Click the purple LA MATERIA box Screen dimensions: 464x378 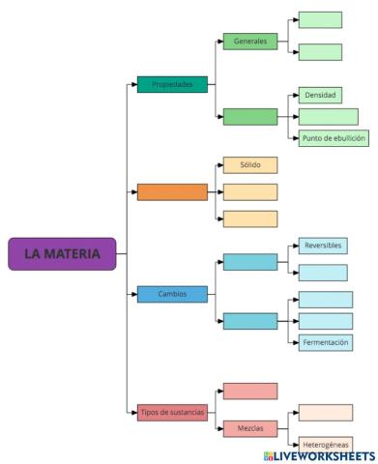click(x=62, y=253)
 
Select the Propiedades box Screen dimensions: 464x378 click(x=172, y=84)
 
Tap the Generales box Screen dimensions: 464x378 click(x=249, y=42)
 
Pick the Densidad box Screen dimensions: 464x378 click(x=320, y=96)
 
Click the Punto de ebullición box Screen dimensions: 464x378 click(x=334, y=137)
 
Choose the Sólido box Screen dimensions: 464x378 click(x=249, y=164)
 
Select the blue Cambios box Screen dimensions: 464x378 click(x=172, y=293)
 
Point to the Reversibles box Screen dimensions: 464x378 click(x=322, y=246)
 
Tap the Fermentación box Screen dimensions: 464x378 click(x=325, y=341)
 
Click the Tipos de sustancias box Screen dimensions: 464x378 click(x=172, y=412)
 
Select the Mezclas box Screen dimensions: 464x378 click(x=249, y=427)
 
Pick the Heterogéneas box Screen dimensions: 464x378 click(x=325, y=444)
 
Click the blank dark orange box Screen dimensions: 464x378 click(x=172, y=191)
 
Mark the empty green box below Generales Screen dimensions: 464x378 click(x=249, y=117)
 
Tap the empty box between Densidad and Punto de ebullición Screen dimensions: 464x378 click(x=328, y=116)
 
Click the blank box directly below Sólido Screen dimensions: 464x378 click(x=249, y=191)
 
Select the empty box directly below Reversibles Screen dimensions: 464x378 click(x=322, y=273)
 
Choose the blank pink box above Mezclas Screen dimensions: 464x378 click(x=249, y=391)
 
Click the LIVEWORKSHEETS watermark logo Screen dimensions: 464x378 click(x=317, y=454)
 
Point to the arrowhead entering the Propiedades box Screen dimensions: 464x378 click(x=133, y=84)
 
